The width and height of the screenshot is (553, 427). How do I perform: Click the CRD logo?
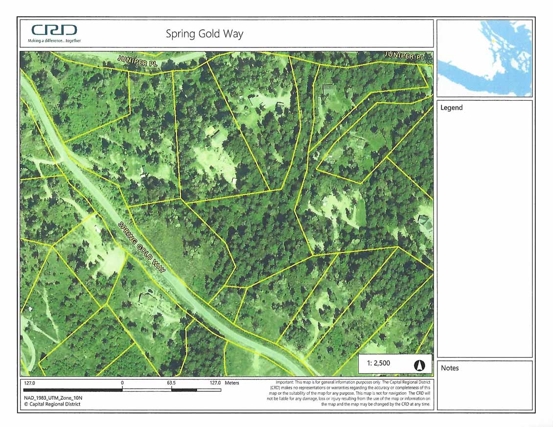pos(54,30)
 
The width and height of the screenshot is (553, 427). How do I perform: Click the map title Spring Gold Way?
pos(204,34)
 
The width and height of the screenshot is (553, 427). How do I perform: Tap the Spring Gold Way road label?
pos(142,247)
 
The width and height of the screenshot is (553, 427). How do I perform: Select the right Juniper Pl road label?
pos(405,56)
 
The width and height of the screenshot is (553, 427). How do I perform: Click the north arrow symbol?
pos(419,365)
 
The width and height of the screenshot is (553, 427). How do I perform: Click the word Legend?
pos(451,108)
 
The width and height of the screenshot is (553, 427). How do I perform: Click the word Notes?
pos(450,368)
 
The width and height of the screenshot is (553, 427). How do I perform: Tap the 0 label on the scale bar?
pos(122,383)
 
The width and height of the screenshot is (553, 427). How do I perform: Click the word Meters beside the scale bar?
pos(232,383)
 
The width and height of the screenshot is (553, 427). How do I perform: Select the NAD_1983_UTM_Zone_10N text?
pos(53,398)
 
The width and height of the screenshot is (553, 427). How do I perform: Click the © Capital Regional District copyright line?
pos(52,404)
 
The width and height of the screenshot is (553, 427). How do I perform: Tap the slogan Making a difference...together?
pos(54,41)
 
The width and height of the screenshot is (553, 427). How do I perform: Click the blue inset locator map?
pos(484,58)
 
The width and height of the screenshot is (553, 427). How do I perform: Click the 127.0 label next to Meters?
pos(215,383)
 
